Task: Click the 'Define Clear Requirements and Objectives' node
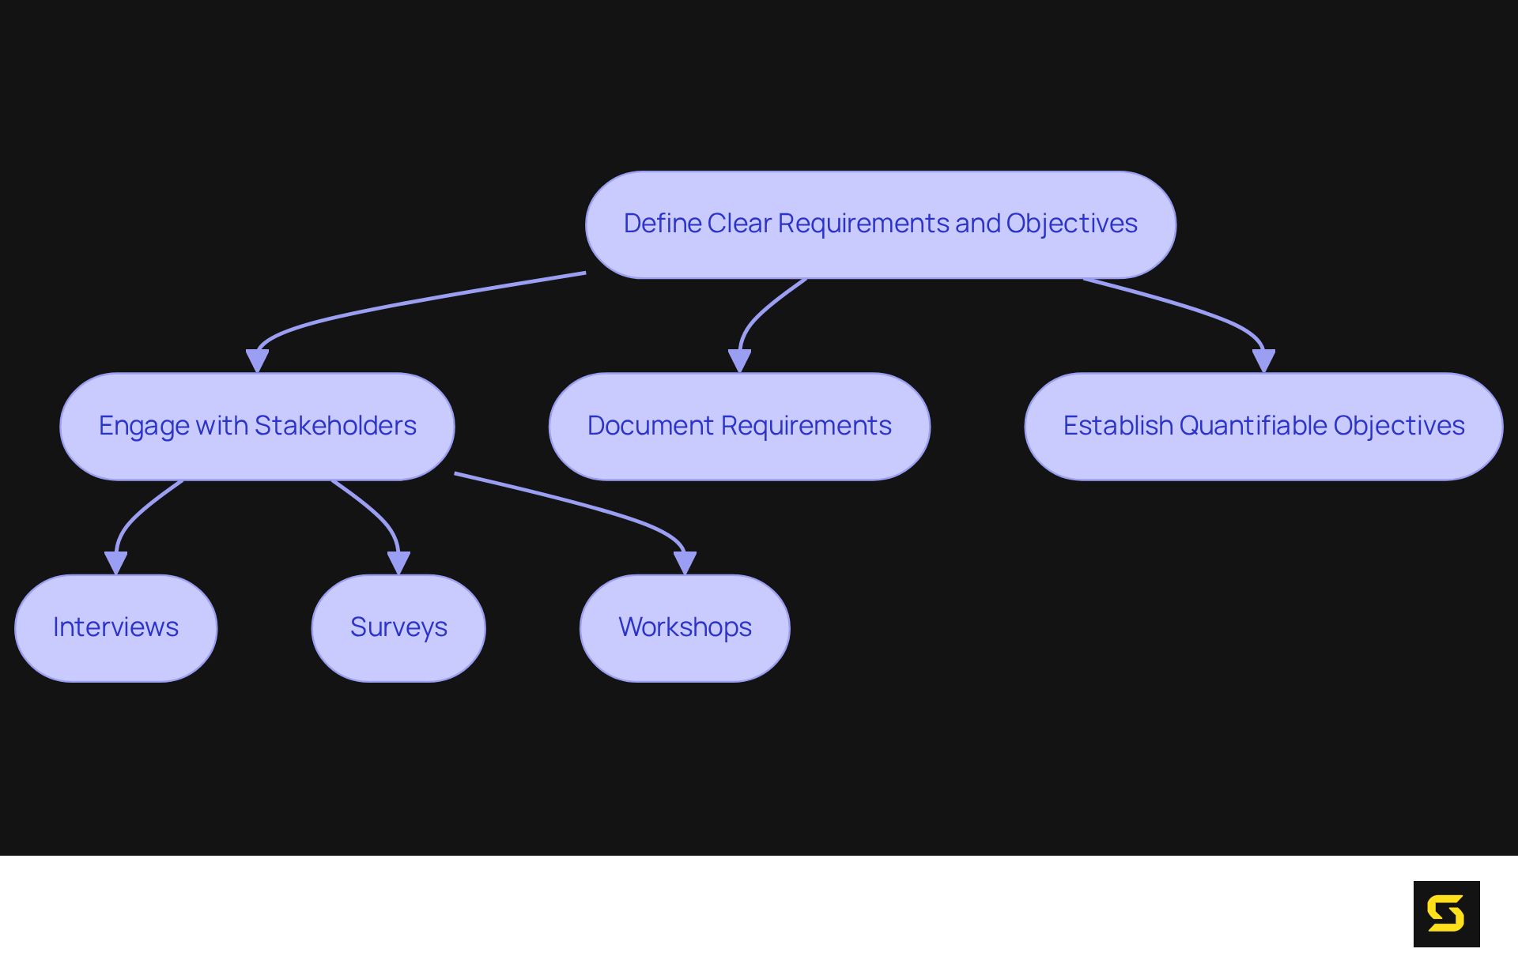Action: click(x=880, y=224)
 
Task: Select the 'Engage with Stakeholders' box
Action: click(x=257, y=427)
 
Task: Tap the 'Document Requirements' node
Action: click(x=739, y=427)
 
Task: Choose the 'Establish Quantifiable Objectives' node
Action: click(x=1263, y=427)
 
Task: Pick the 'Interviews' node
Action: click(x=115, y=628)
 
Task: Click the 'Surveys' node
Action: click(x=398, y=628)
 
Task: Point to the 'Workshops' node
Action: click(x=685, y=628)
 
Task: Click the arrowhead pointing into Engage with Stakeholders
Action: click(x=257, y=361)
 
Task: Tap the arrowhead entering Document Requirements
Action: click(x=739, y=361)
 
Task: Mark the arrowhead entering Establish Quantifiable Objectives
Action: click(x=1263, y=361)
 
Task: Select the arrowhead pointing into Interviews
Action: click(x=115, y=563)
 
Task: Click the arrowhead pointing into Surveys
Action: click(x=398, y=563)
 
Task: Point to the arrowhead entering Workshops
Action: click(x=685, y=563)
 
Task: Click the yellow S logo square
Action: click(x=1446, y=913)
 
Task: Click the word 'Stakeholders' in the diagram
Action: click(x=335, y=426)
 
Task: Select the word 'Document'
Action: click(x=651, y=426)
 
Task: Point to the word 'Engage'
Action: click(x=144, y=427)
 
